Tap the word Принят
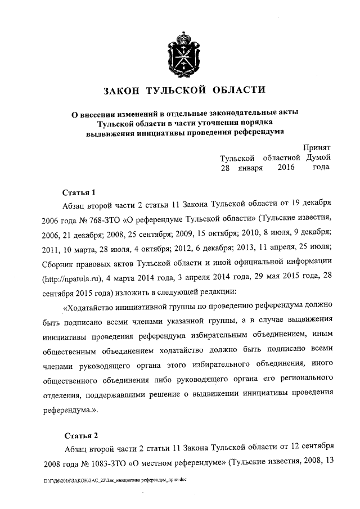317,147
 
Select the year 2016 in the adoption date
286,168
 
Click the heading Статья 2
81,435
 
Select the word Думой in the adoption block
318,157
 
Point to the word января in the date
250,168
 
